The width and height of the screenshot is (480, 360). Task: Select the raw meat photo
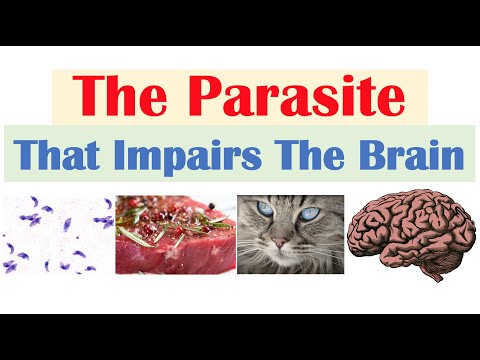coord(172,234)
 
